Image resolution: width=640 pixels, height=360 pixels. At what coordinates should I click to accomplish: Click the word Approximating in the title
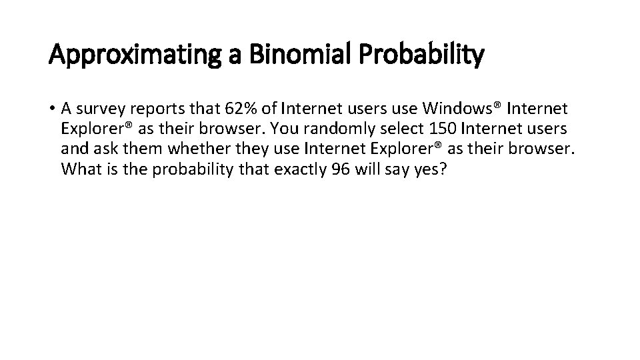tap(137, 56)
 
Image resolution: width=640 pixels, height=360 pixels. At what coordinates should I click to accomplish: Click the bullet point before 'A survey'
tap(52, 108)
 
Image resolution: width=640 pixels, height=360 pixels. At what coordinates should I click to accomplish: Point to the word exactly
tap(299, 169)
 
